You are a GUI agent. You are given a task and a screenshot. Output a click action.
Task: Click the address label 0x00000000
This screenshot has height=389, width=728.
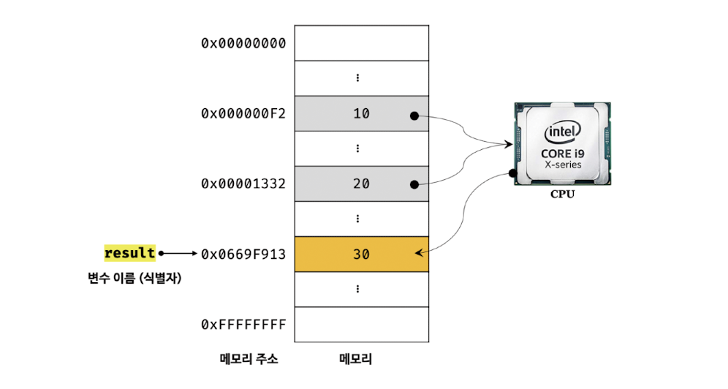click(243, 43)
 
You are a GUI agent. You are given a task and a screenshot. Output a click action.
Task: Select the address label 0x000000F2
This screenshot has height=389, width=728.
click(243, 113)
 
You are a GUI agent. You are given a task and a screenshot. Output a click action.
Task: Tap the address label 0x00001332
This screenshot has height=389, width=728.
click(243, 184)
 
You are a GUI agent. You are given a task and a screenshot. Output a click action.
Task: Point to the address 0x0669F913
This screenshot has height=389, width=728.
click(243, 254)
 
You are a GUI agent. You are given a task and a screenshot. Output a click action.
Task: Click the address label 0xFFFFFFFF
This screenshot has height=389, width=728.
click(243, 324)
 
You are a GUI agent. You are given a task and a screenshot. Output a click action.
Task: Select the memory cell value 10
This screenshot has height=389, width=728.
click(361, 113)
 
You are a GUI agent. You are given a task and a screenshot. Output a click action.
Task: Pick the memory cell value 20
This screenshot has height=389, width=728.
click(361, 184)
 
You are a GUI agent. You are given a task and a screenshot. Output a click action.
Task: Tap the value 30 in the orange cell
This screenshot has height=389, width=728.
click(361, 254)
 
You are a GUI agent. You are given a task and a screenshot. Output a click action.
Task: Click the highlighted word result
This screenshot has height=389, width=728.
click(130, 253)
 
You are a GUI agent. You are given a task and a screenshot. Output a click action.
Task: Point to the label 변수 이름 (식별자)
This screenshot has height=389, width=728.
click(134, 278)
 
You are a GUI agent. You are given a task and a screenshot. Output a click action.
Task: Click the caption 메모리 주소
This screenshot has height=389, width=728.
click(249, 360)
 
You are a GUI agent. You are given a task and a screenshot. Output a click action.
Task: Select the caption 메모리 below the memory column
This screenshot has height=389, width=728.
click(356, 360)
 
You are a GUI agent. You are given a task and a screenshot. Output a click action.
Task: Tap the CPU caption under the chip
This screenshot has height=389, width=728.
click(562, 195)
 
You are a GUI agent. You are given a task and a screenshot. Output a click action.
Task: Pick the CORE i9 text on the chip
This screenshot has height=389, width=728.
click(562, 154)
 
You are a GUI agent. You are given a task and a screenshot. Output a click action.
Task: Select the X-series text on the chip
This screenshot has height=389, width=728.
click(562, 165)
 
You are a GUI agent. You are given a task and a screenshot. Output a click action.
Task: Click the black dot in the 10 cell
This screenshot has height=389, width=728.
click(414, 116)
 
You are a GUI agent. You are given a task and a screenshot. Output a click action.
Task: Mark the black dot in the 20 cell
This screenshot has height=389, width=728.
click(414, 186)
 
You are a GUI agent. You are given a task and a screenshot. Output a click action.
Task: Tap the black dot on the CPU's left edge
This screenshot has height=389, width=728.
click(513, 173)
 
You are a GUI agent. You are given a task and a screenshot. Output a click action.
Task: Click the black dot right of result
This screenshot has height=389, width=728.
click(162, 254)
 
